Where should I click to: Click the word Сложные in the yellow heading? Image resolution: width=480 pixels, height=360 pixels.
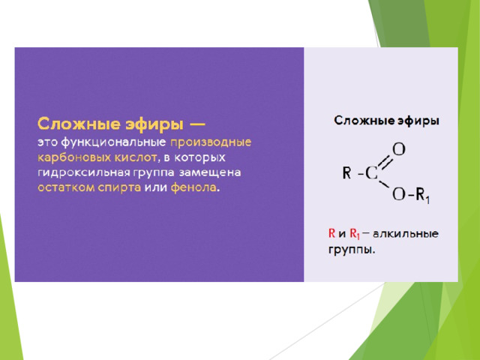coord(79,124)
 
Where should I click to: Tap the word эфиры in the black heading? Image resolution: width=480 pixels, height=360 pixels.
coord(418,121)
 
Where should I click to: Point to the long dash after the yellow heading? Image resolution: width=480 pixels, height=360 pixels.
coord(196,124)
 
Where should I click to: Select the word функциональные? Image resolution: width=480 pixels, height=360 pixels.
coord(113,142)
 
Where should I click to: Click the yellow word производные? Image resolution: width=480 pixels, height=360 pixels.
coord(211,142)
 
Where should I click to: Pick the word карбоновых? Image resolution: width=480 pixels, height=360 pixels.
coord(74,157)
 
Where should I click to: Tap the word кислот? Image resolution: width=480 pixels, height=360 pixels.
coord(136,157)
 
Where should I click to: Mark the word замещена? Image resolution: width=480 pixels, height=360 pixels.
coord(210,172)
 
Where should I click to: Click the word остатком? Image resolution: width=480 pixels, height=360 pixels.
coord(66,187)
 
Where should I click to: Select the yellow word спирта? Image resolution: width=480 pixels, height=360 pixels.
coord(119,188)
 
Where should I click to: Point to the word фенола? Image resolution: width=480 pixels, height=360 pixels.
coord(193,187)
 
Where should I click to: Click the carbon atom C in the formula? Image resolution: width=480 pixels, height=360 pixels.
coord(371,173)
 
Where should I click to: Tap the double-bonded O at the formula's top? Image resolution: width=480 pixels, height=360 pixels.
coord(399,149)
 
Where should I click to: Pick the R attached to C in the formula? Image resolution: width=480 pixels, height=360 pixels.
coord(346,172)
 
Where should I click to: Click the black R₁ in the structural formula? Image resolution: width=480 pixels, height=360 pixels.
coord(423,195)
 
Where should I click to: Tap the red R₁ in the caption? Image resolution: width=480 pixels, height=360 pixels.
coord(355,234)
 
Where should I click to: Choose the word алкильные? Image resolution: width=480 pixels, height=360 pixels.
coord(406,234)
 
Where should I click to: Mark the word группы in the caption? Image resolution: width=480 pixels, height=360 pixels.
coord(352,250)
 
